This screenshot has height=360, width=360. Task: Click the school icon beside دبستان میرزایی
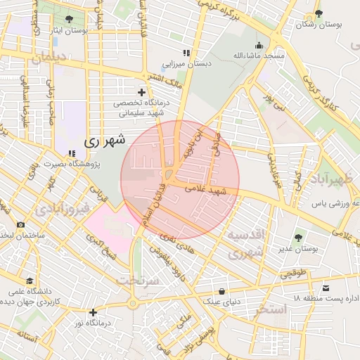[186, 53]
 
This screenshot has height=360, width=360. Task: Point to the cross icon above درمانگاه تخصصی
[142, 92]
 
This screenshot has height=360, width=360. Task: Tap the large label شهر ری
[104, 140]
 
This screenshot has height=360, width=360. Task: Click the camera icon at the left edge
[20, 225]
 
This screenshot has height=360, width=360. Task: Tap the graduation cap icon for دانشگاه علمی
[29, 281]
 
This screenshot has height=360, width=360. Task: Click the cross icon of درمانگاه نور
[92, 312]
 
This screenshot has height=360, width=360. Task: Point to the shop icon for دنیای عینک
[222, 290]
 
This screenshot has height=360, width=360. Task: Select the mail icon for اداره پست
[326, 288]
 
